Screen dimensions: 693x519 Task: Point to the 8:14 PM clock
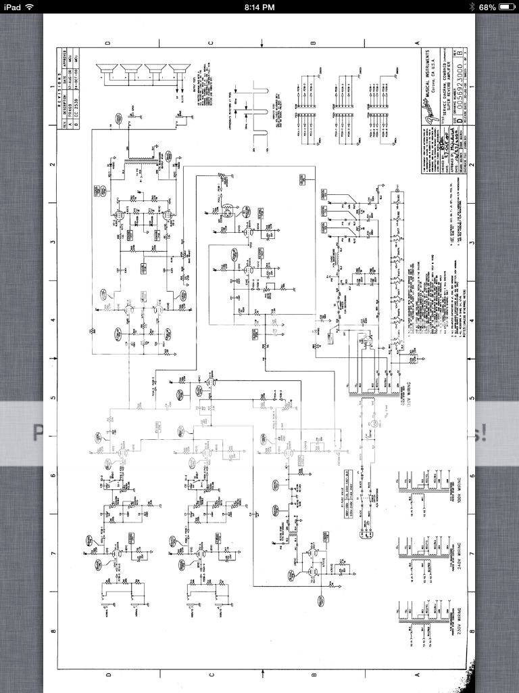[259, 7]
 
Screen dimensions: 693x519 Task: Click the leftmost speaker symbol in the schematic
[106, 70]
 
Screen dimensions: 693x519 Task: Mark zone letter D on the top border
[107, 43]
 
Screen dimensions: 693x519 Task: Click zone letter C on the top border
[210, 43]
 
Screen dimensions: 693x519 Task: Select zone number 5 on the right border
[470, 398]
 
